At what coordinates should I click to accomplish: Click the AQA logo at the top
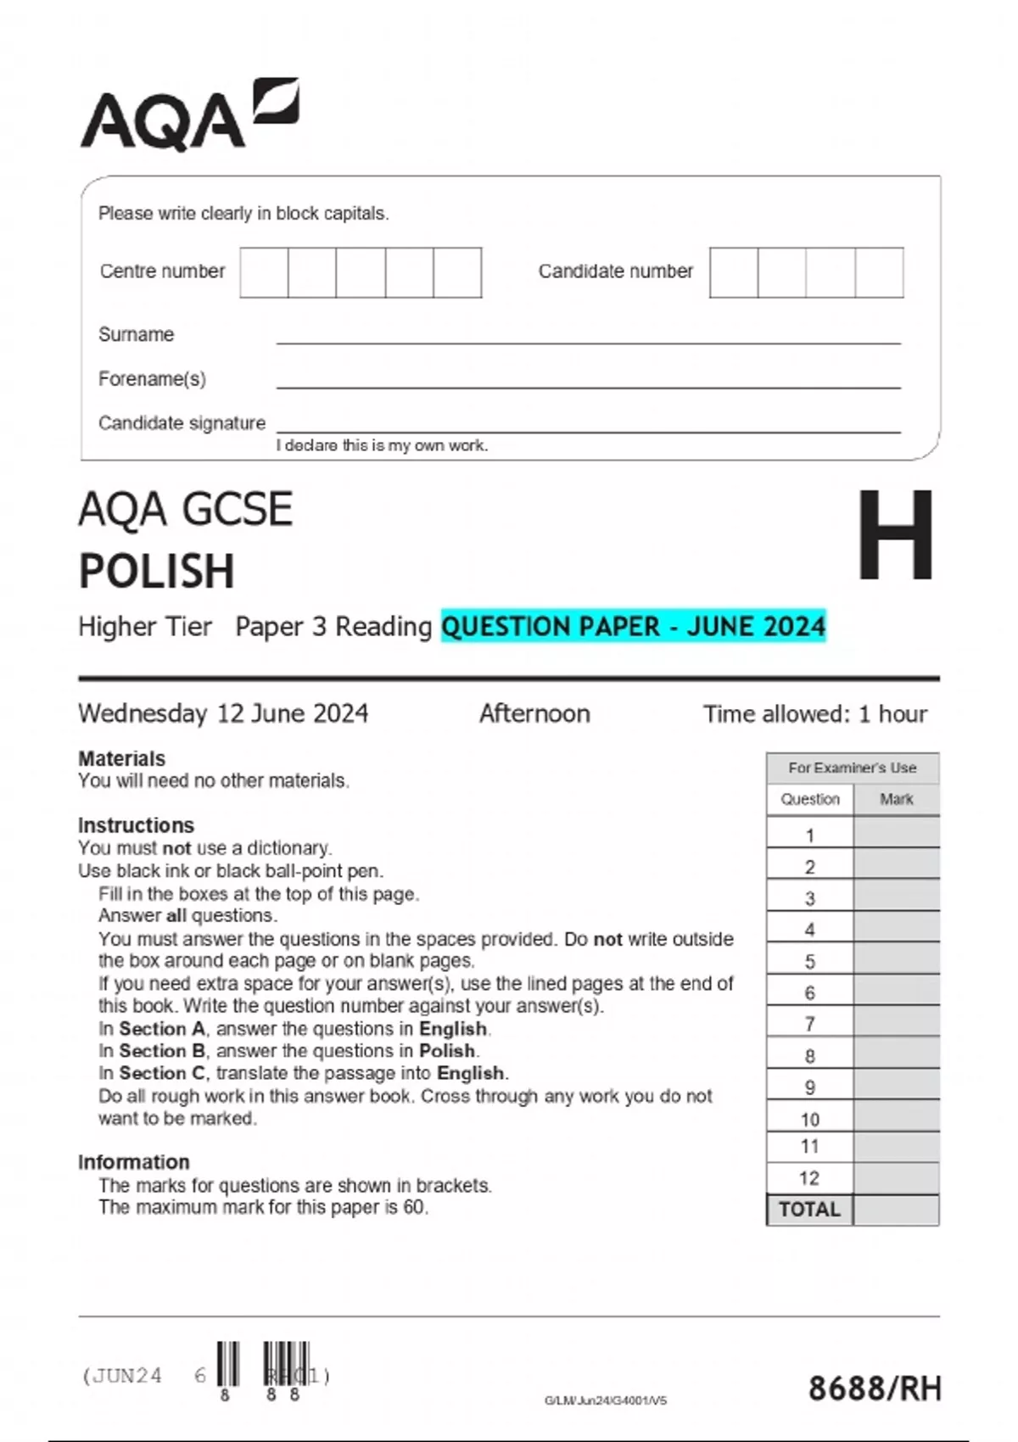pyautogui.click(x=188, y=116)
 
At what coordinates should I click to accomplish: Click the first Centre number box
pyautogui.click(x=264, y=272)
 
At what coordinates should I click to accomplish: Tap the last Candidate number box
pyautogui.click(x=879, y=272)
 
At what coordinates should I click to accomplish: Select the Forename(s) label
pyautogui.click(x=152, y=378)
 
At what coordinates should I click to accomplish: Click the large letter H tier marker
pyautogui.click(x=895, y=536)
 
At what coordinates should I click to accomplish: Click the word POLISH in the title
pyautogui.click(x=157, y=571)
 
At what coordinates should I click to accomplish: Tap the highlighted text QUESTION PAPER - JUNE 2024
pyautogui.click(x=633, y=626)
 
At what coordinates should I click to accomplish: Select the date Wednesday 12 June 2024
pyautogui.click(x=223, y=713)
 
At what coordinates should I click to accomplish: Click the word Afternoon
pyautogui.click(x=534, y=713)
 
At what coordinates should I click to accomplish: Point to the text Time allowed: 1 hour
pyautogui.click(x=814, y=713)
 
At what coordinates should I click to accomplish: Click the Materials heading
pyautogui.click(x=121, y=758)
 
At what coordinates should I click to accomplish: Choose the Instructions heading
pyautogui.click(x=136, y=825)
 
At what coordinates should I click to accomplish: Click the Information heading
pyautogui.click(x=133, y=1162)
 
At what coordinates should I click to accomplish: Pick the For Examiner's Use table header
pyautogui.click(x=852, y=768)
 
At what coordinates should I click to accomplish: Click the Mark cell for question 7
pyautogui.click(x=896, y=1024)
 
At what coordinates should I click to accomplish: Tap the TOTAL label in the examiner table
pyautogui.click(x=809, y=1210)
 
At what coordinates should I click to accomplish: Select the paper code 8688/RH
pyautogui.click(x=875, y=1389)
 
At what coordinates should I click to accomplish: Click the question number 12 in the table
pyautogui.click(x=809, y=1178)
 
